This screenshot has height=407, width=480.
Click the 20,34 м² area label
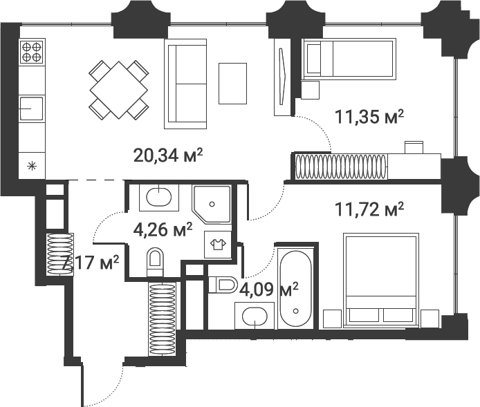168,155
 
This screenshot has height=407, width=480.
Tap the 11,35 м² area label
369,117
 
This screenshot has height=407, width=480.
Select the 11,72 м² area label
369,209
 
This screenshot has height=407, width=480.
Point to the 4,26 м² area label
163,229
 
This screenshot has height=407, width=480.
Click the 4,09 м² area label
269,290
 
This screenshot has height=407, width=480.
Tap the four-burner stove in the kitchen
32,52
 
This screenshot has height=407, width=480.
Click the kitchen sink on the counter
31,108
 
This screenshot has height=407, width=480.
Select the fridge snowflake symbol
32,167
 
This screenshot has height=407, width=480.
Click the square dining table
119,90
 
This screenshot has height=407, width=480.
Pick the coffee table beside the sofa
232,84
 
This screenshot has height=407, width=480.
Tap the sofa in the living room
185,84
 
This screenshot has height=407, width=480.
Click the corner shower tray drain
212,204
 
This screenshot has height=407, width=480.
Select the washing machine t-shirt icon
218,245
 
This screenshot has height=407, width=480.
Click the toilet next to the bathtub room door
223,285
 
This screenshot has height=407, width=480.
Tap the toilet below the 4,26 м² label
155,262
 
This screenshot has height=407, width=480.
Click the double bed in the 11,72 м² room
381,280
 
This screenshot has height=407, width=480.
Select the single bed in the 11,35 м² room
349,59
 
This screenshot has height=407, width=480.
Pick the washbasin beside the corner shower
159,197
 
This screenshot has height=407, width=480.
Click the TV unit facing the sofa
282,77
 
